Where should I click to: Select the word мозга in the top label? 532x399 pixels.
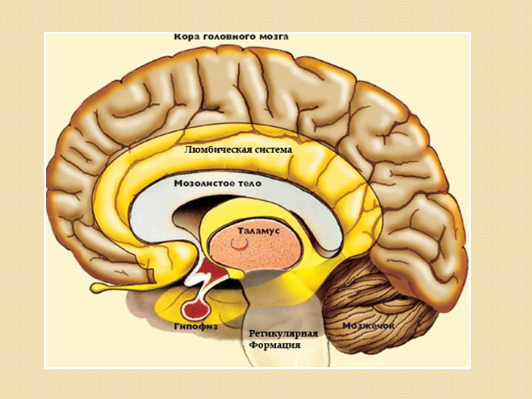coord(272,37)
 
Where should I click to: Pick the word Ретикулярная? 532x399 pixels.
coord(284,333)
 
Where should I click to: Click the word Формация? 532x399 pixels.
coord(275,345)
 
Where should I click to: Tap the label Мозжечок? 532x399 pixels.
coord(368,326)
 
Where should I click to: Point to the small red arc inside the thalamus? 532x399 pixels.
coord(239,245)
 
